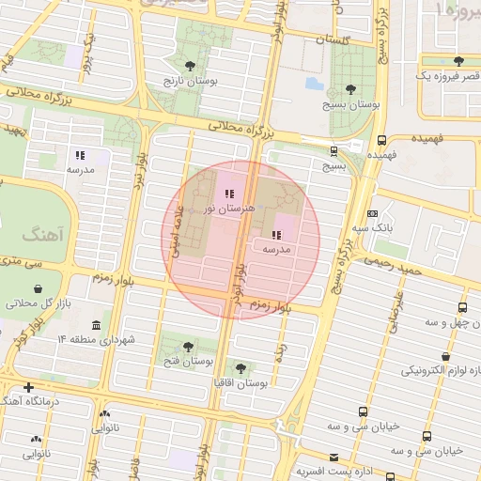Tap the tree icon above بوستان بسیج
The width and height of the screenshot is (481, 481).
pyautogui.click(x=351, y=89)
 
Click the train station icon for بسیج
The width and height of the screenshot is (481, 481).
pyautogui.click(x=334, y=150)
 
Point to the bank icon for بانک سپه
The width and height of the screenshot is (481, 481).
pyautogui.click(x=372, y=214)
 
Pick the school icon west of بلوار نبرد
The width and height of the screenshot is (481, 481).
pyautogui.click(x=81, y=155)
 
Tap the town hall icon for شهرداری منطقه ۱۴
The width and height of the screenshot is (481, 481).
pyautogui.click(x=97, y=323)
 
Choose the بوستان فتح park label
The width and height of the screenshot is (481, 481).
pyautogui.click(x=189, y=361)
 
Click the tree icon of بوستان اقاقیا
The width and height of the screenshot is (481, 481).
pyautogui.click(x=241, y=369)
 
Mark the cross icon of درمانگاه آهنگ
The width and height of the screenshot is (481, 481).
pyautogui.click(x=28, y=387)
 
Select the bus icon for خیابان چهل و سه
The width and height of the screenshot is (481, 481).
pyautogui.click(x=462, y=307)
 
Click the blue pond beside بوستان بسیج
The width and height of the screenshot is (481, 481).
pyautogui.click(x=314, y=84)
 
